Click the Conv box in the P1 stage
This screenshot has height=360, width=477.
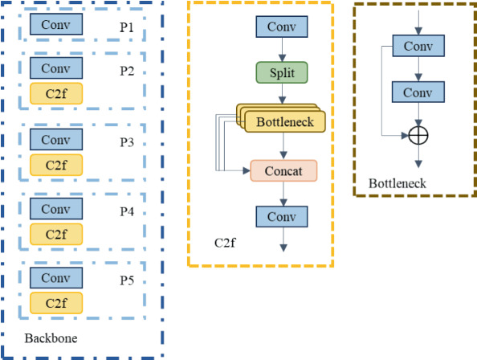(55, 25)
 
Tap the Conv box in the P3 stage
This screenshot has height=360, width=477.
(55, 139)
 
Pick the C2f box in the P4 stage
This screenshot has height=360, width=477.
(55, 235)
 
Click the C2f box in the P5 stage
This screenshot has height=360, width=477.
(55, 304)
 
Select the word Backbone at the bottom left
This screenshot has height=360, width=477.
(51, 338)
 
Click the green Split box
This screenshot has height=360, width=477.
(282, 73)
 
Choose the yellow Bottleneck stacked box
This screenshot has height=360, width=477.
(285, 122)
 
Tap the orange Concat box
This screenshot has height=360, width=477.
(283, 171)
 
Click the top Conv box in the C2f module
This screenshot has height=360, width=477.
(282, 26)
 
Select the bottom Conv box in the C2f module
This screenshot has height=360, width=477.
(282, 217)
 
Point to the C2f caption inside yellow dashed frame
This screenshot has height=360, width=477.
(226, 242)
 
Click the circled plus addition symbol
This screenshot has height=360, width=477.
(418, 135)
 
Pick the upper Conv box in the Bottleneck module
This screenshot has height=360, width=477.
(418, 46)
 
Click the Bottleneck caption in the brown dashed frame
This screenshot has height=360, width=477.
(397, 184)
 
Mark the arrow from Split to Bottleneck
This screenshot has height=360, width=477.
(282, 95)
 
